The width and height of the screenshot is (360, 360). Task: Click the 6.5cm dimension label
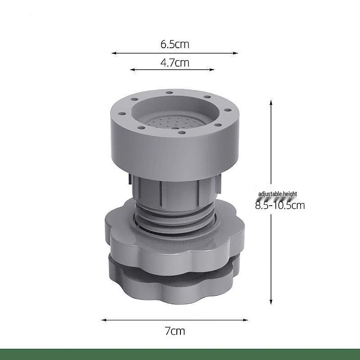[x=175, y=44]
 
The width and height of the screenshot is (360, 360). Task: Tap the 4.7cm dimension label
[x=175, y=63]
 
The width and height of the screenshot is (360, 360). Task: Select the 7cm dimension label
[x=175, y=331]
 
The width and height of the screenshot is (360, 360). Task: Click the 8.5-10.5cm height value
[x=280, y=206]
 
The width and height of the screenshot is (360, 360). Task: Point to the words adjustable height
[x=278, y=194]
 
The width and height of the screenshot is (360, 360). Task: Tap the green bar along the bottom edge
[x=180, y=354]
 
